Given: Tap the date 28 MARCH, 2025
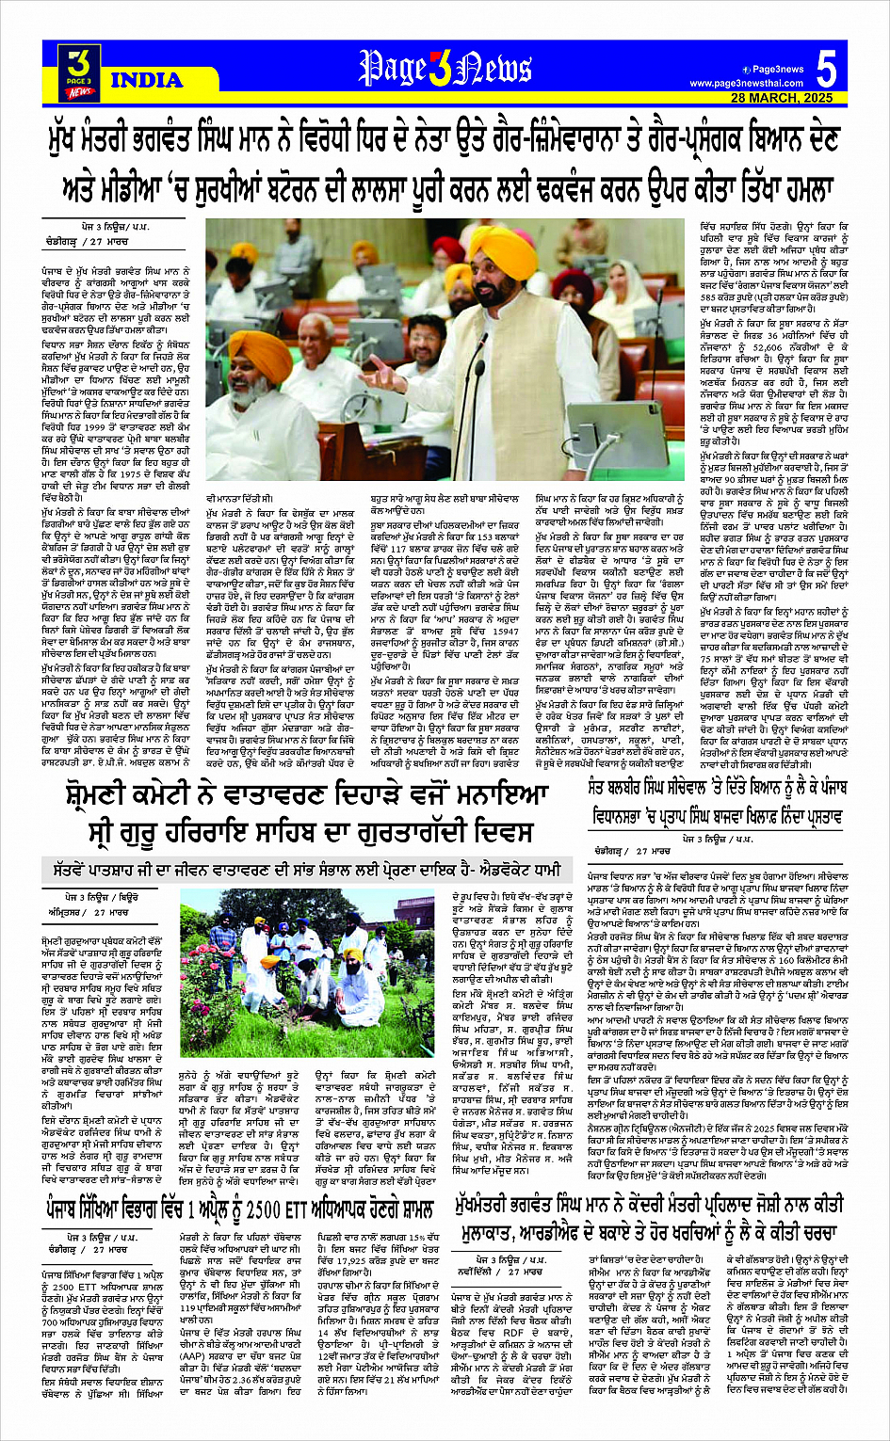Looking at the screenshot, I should point(782,98).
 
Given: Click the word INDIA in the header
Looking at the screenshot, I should point(146,80).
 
